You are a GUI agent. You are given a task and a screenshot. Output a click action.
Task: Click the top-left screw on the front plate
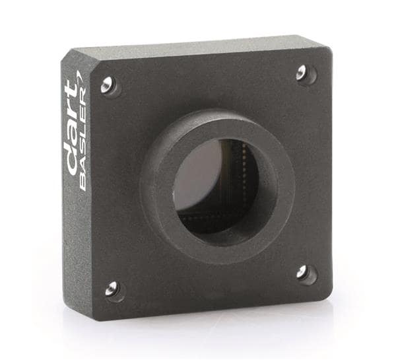coord(108,85)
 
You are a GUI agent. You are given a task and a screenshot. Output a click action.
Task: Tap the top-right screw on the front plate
coord(303,73)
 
